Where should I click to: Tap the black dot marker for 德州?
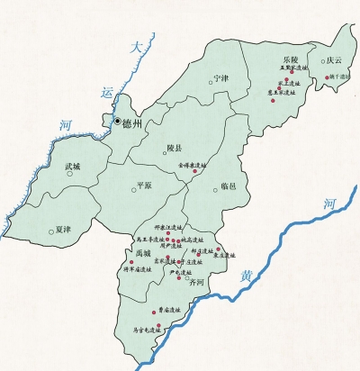[x=117, y=120]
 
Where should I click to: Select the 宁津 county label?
[x=220, y=77]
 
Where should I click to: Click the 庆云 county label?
[x=336, y=60]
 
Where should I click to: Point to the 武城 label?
[x=72, y=167]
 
